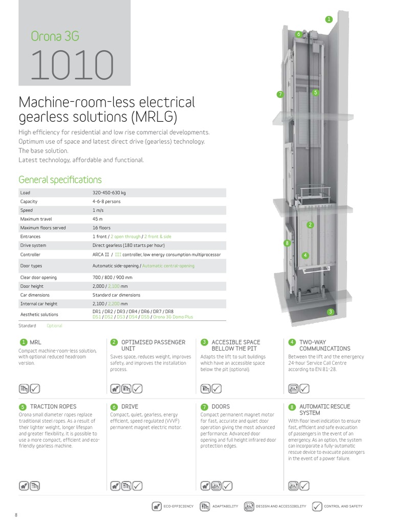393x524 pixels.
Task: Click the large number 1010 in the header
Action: pyautogui.click(x=72, y=65)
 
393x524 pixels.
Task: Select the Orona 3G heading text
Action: pyautogui.click(x=55, y=36)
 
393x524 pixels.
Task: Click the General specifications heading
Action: pyautogui.click(x=60, y=180)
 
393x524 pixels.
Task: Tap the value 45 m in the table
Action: pyautogui.click(x=97, y=219)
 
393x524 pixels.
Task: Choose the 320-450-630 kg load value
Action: pyautogui.click(x=109, y=192)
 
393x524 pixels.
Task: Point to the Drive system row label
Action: pyautogui.click(x=33, y=245)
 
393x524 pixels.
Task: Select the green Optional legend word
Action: pyautogui.click(x=54, y=326)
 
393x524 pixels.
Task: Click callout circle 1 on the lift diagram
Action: pyautogui.click(x=329, y=19)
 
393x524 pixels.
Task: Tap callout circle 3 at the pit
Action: pyautogui.click(x=331, y=312)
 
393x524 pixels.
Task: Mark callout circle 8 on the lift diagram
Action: pyautogui.click(x=287, y=243)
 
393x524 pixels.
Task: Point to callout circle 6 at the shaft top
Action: pyautogui.click(x=298, y=34)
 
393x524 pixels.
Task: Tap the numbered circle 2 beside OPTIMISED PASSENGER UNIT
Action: pyautogui.click(x=114, y=342)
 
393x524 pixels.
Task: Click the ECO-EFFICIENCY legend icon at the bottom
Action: pyautogui.click(x=157, y=506)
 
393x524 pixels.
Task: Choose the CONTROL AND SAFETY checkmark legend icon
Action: pyautogui.click(x=317, y=506)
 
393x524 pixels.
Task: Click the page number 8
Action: pyautogui.click(x=16, y=515)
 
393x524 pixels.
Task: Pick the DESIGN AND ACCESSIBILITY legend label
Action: pyautogui.click(x=280, y=506)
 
